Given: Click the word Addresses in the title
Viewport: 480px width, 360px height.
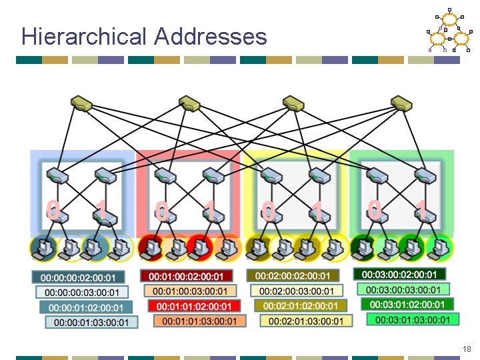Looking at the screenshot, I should pos(211,36).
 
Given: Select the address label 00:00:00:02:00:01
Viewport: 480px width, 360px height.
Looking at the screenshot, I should pos(78,277).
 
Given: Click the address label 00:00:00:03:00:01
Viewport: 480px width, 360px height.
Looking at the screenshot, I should pos(82,293).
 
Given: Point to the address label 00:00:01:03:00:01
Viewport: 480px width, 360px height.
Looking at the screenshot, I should pos(91,323).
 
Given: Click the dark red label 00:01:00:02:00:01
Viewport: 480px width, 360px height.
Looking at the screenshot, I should pos(186,276).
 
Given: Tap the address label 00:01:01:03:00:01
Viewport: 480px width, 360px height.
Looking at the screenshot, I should pos(199,321).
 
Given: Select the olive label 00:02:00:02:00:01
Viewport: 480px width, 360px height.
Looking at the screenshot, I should pos(294,275).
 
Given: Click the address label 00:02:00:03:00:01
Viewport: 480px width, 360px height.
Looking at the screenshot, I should pos(297,291).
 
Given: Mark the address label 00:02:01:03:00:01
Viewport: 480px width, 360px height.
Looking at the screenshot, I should pos(306,321).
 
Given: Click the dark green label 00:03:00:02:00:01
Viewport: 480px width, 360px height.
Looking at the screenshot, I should pos(399,274).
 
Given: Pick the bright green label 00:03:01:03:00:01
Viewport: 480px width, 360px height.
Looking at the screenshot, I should pos(413,320).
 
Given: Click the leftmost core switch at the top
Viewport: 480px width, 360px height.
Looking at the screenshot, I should pos(82,103).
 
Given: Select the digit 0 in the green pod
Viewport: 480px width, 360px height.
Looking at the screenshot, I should pos(375,210).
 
